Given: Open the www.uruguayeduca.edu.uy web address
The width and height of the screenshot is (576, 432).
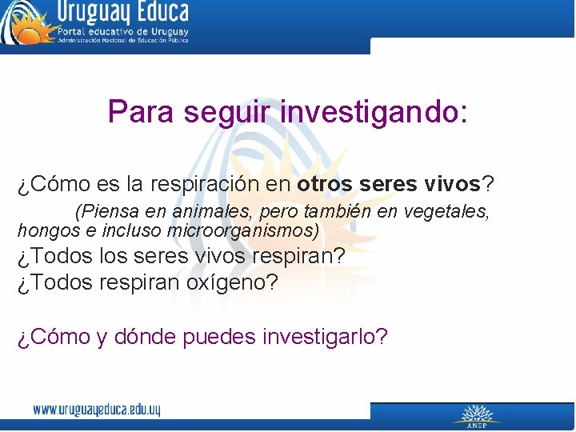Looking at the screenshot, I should [x=97, y=410].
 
